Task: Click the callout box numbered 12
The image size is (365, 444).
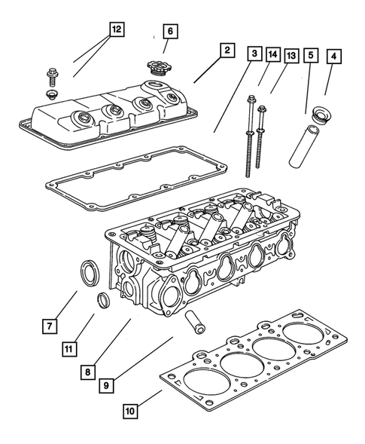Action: pyautogui.click(x=115, y=29)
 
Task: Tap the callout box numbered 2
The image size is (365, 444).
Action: pyautogui.click(x=225, y=51)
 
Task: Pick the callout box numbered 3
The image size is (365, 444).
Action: pyautogui.click(x=254, y=54)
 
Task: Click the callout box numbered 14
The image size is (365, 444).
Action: pyautogui.click(x=272, y=54)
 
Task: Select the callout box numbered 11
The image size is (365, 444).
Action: pyautogui.click(x=68, y=349)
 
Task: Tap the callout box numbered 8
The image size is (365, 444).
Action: pyautogui.click(x=89, y=371)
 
